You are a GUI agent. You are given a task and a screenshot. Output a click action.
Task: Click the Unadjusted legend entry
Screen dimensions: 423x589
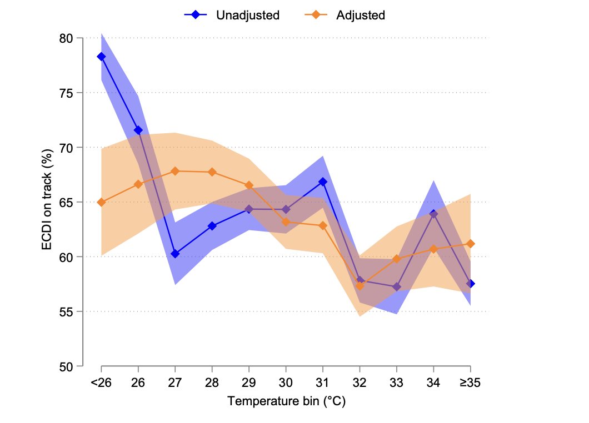[x=232, y=15]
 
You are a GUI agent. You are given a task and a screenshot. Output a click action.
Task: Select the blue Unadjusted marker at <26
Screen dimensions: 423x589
[x=101, y=57]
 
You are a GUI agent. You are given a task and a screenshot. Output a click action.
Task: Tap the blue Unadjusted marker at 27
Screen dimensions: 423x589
[x=175, y=254]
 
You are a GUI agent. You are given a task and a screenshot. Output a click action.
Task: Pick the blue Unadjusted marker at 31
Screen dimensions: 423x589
[x=323, y=182]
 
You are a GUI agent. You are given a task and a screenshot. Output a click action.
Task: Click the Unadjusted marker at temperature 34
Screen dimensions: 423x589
[x=433, y=214]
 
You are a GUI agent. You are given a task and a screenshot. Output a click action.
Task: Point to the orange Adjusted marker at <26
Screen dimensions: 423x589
[x=101, y=202]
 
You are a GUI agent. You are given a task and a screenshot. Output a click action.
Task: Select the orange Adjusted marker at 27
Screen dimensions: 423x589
[x=175, y=171]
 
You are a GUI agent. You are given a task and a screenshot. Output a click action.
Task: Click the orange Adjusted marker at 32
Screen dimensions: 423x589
[x=360, y=286]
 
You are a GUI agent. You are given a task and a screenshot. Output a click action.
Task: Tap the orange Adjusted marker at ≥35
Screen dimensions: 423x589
[x=471, y=244]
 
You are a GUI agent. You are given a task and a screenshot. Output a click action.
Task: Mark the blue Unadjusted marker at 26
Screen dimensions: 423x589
[x=138, y=130]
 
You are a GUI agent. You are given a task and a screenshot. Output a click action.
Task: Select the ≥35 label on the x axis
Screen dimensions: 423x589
[x=470, y=383]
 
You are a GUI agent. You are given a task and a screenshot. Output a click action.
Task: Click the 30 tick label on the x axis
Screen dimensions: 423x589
[x=286, y=383]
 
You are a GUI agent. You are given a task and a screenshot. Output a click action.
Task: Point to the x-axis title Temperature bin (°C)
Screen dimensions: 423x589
[x=286, y=401]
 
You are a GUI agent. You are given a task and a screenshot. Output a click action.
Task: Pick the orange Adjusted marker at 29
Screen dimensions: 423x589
[x=249, y=185]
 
